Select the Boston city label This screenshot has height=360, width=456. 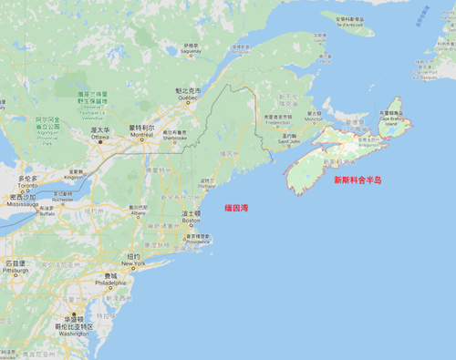click(191, 219)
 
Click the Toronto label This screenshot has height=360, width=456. click(27, 183)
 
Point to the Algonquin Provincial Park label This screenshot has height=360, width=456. click(47, 125)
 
